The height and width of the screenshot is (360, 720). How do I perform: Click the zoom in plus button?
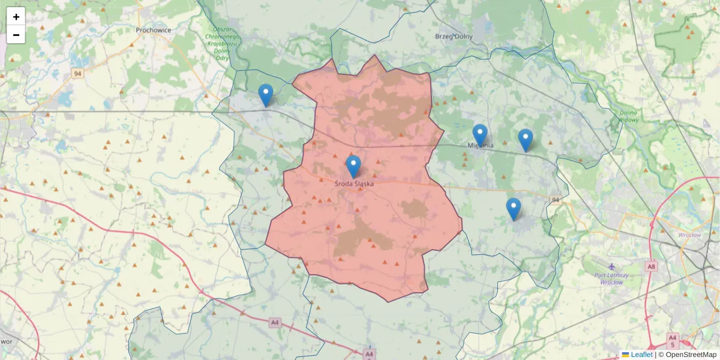16,17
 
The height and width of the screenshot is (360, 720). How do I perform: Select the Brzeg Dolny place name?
454,36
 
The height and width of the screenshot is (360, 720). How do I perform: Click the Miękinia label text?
481,145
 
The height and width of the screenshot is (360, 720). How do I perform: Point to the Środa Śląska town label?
354,184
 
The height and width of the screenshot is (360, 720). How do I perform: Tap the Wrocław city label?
689,235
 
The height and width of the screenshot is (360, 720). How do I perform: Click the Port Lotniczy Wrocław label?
611,278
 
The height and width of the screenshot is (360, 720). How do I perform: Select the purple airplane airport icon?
611,266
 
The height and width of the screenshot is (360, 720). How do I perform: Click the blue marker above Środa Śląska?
353,166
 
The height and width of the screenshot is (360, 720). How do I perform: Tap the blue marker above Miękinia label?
479,135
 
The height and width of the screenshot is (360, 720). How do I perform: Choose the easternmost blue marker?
526,140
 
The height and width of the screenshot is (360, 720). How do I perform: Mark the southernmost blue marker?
514,209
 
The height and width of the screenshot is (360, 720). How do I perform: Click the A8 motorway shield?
652,265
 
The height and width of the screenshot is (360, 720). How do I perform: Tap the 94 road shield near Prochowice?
77,73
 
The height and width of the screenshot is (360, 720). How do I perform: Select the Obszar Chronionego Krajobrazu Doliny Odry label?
222,43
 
